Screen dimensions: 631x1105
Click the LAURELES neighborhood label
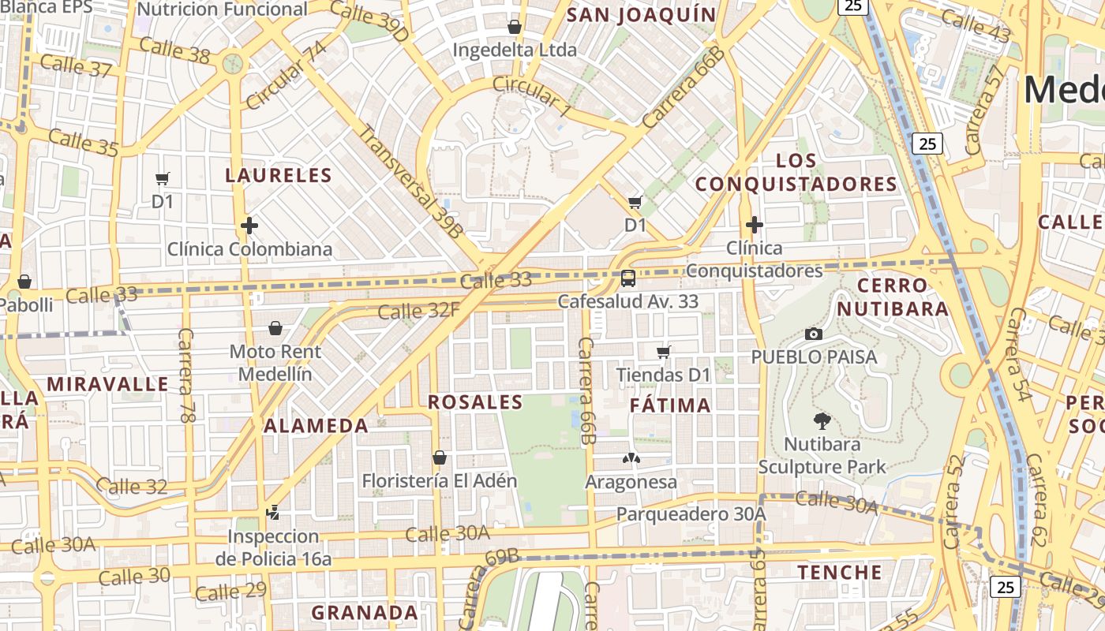point(279,175)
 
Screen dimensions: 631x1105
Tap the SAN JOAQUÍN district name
point(641,14)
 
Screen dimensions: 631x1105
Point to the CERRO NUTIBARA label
point(893,297)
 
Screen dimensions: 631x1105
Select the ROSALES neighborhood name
point(475,402)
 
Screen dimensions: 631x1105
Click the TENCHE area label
point(840,572)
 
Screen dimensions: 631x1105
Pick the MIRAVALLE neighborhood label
point(108,385)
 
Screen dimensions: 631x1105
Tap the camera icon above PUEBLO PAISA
point(814,334)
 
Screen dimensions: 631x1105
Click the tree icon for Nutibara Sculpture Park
point(822,421)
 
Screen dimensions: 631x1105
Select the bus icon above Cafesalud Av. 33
point(628,278)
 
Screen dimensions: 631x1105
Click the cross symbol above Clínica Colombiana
point(249,226)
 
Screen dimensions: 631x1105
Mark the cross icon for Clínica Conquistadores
point(755,225)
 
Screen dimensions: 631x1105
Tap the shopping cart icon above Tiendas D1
point(664,352)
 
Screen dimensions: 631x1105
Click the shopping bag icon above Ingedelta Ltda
point(515,27)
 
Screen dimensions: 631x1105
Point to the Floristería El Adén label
point(440,480)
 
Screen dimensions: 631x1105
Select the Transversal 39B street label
point(410,181)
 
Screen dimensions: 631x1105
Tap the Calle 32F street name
point(418,311)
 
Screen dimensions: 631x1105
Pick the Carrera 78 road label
point(187,375)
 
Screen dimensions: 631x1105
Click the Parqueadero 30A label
point(691,514)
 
